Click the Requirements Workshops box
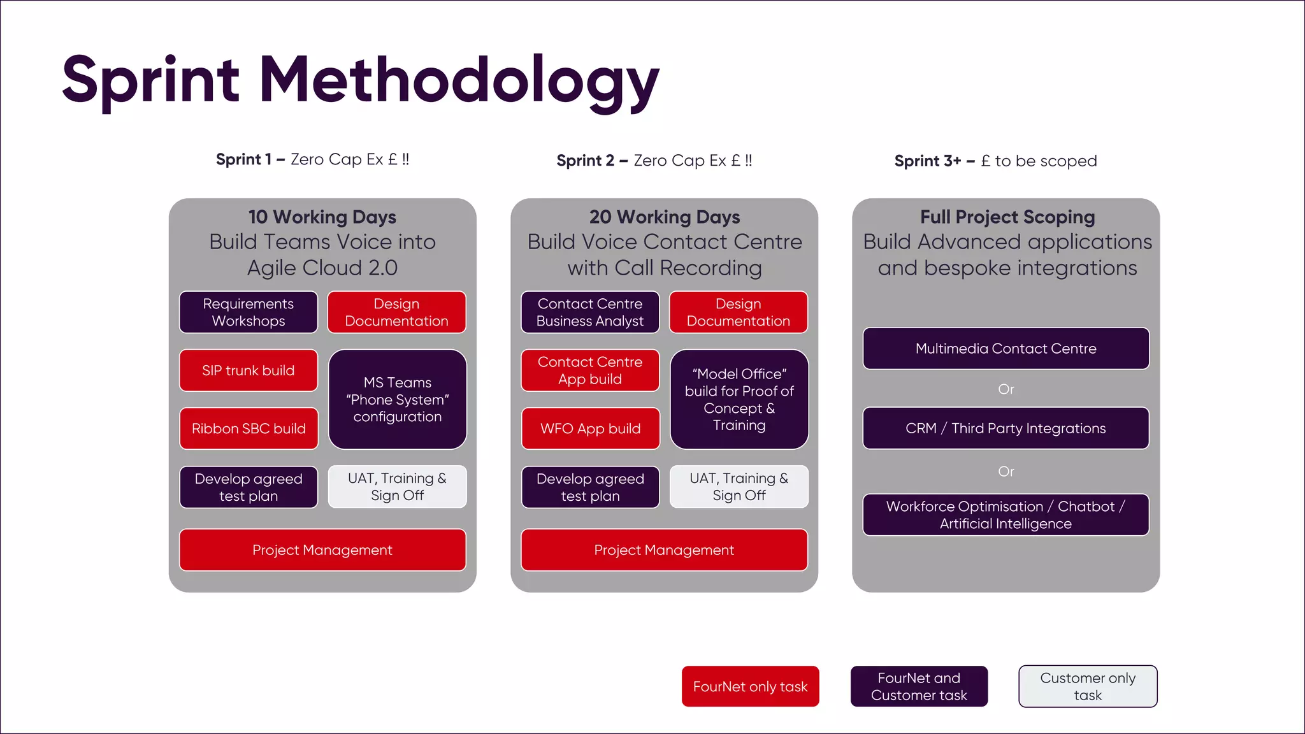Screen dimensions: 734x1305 tap(249, 312)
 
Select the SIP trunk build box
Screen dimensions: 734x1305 tap(249, 370)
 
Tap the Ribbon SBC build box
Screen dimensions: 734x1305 tap(249, 428)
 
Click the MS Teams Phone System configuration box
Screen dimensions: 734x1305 tap(398, 399)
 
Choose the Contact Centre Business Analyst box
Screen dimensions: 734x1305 tap(590, 312)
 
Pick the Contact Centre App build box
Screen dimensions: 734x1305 tap(590, 370)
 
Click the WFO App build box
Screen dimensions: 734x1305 tap(590, 428)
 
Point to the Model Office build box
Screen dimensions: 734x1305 tap(739, 399)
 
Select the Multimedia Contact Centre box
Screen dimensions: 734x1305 tap(1006, 349)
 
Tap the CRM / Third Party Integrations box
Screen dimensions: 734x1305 tap(1006, 428)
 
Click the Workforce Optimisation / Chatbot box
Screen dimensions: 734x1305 tap(1006, 515)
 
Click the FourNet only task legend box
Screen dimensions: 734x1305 tap(750, 686)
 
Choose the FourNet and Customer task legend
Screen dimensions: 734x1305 tap(919, 686)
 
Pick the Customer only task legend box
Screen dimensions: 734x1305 tap(1088, 686)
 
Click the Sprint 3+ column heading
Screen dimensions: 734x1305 tap(995, 161)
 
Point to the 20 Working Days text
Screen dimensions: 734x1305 tap(665, 217)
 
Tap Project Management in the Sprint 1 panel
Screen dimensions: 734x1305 tap(322, 550)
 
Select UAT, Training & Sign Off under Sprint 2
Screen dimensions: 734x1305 tap(739, 487)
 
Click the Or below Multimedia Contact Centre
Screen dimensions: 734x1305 tap(1006, 389)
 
